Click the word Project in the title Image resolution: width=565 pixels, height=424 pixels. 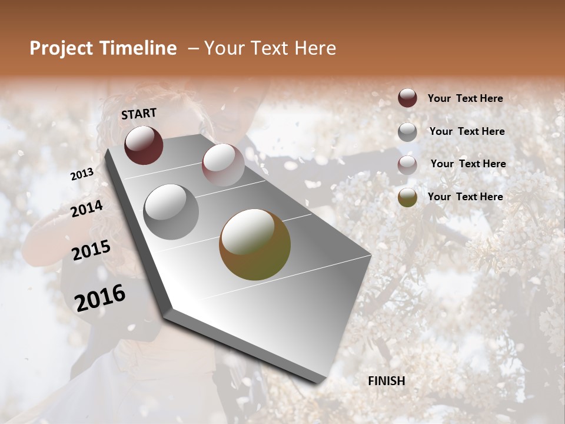pyautogui.click(x=62, y=48)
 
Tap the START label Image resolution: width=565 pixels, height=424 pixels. pyautogui.click(x=139, y=114)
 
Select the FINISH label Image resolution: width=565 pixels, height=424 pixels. pyautogui.click(x=387, y=381)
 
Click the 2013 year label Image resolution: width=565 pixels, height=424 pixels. pyautogui.click(x=82, y=174)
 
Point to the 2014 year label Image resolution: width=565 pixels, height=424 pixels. pyautogui.click(x=87, y=208)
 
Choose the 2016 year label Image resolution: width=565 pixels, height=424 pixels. pyautogui.click(x=100, y=297)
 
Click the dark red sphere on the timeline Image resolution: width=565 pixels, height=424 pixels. pyautogui.click(x=144, y=145)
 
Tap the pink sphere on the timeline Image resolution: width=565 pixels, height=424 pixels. pyautogui.click(x=223, y=165)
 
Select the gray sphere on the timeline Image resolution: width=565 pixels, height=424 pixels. pyautogui.click(x=171, y=212)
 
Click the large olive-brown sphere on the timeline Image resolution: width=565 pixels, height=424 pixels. pyautogui.click(x=255, y=244)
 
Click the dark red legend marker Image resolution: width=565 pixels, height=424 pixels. pyautogui.click(x=407, y=98)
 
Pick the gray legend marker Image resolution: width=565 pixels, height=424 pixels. pyautogui.click(x=407, y=131)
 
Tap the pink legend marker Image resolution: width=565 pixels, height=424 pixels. pyautogui.click(x=407, y=164)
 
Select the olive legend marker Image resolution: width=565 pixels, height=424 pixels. pyautogui.click(x=407, y=197)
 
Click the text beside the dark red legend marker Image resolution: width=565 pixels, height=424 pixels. pyautogui.click(x=465, y=98)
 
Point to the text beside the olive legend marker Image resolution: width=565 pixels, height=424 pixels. pyautogui.click(x=465, y=197)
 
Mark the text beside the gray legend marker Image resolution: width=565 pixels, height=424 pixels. pyautogui.click(x=467, y=131)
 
